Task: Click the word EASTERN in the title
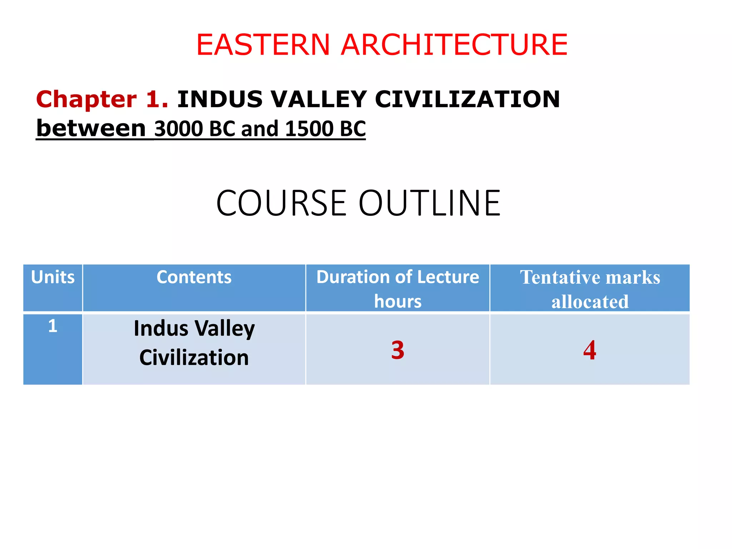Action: [x=263, y=45]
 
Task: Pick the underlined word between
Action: [x=91, y=128]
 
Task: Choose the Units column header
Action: [x=53, y=277]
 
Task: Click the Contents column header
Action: [x=194, y=277]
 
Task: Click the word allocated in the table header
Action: [x=590, y=302]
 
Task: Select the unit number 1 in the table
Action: [x=53, y=326]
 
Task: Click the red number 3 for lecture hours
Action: [x=397, y=350]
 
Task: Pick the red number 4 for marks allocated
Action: [x=590, y=350]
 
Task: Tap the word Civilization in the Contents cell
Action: [x=194, y=357]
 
